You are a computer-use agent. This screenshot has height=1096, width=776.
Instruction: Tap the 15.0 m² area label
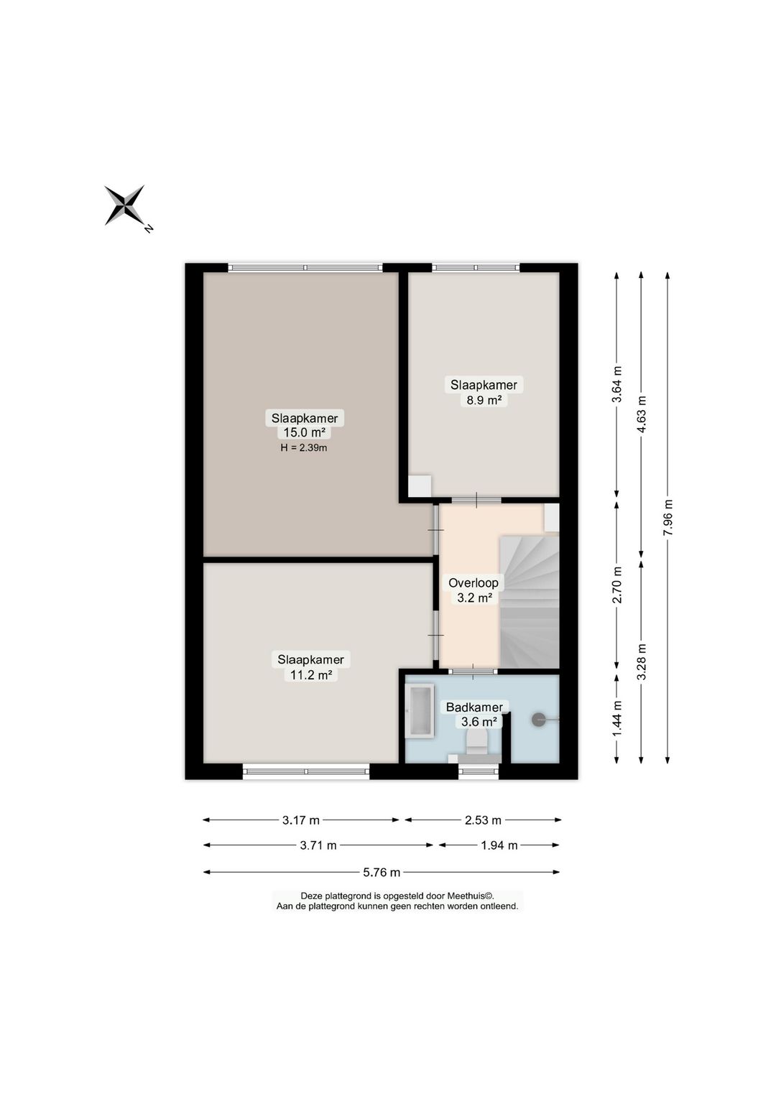pyautogui.click(x=305, y=432)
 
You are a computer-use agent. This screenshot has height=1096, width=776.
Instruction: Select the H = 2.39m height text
pyautogui.click(x=303, y=447)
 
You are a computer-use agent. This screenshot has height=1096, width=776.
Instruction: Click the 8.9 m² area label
pyautogui.click(x=484, y=400)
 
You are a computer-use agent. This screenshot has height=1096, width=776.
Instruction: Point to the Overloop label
pyautogui.click(x=474, y=582)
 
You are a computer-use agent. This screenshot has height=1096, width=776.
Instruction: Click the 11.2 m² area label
pyautogui.click(x=311, y=675)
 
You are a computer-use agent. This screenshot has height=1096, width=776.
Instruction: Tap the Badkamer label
pyautogui.click(x=474, y=707)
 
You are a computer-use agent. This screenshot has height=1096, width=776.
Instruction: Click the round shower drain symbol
pyautogui.click(x=538, y=720)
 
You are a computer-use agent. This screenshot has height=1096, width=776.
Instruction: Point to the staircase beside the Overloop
pyautogui.click(x=529, y=602)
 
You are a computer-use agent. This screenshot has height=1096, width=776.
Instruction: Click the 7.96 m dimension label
pyautogui.click(x=668, y=517)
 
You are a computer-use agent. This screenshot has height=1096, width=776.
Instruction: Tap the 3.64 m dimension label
pyautogui.click(x=617, y=384)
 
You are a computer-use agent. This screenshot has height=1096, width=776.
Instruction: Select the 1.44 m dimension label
pyautogui.click(x=617, y=717)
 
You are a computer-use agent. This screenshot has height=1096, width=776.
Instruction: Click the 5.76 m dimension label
pyautogui.click(x=382, y=872)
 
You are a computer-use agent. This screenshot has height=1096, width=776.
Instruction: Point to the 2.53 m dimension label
pyautogui.click(x=483, y=820)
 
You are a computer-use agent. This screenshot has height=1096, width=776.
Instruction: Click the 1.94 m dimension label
pyautogui.click(x=499, y=845)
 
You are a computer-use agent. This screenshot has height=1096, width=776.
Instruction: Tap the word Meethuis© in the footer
pyautogui.click(x=470, y=896)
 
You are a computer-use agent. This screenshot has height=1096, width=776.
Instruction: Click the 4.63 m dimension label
pyautogui.click(x=642, y=414)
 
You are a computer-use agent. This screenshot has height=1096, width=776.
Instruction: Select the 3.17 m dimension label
pyautogui.click(x=300, y=820)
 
